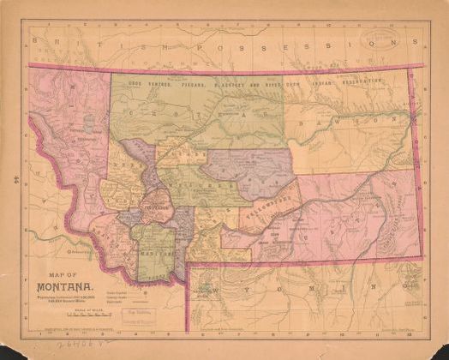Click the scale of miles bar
pyautogui.click(x=66, y=319)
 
